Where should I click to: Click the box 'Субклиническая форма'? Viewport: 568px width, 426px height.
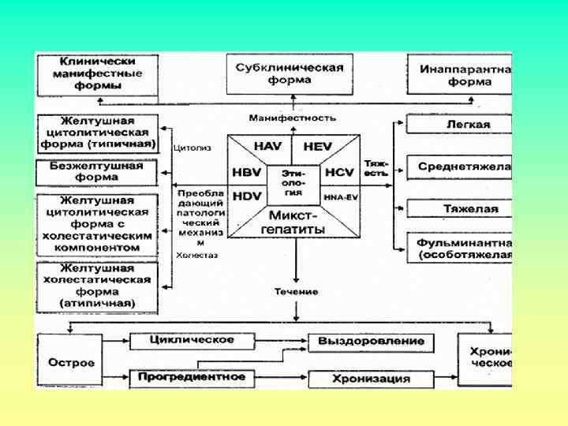coord(290,73)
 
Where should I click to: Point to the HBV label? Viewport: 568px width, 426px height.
coord(246,173)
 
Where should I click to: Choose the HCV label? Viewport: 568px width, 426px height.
coord(339,173)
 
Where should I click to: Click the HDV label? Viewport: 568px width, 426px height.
coord(246,196)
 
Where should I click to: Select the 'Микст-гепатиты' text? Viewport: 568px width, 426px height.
coord(293,222)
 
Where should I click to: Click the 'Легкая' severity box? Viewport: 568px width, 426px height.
coord(459,125)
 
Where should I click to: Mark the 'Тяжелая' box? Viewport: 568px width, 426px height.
coord(459,209)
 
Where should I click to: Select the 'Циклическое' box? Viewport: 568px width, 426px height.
coord(192,340)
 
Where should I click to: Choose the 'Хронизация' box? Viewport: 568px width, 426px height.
coord(370,379)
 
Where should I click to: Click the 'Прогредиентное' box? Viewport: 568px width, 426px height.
coord(192,377)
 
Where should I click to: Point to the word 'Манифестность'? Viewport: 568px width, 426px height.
coord(293,118)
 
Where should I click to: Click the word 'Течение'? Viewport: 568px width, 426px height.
coord(296,292)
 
